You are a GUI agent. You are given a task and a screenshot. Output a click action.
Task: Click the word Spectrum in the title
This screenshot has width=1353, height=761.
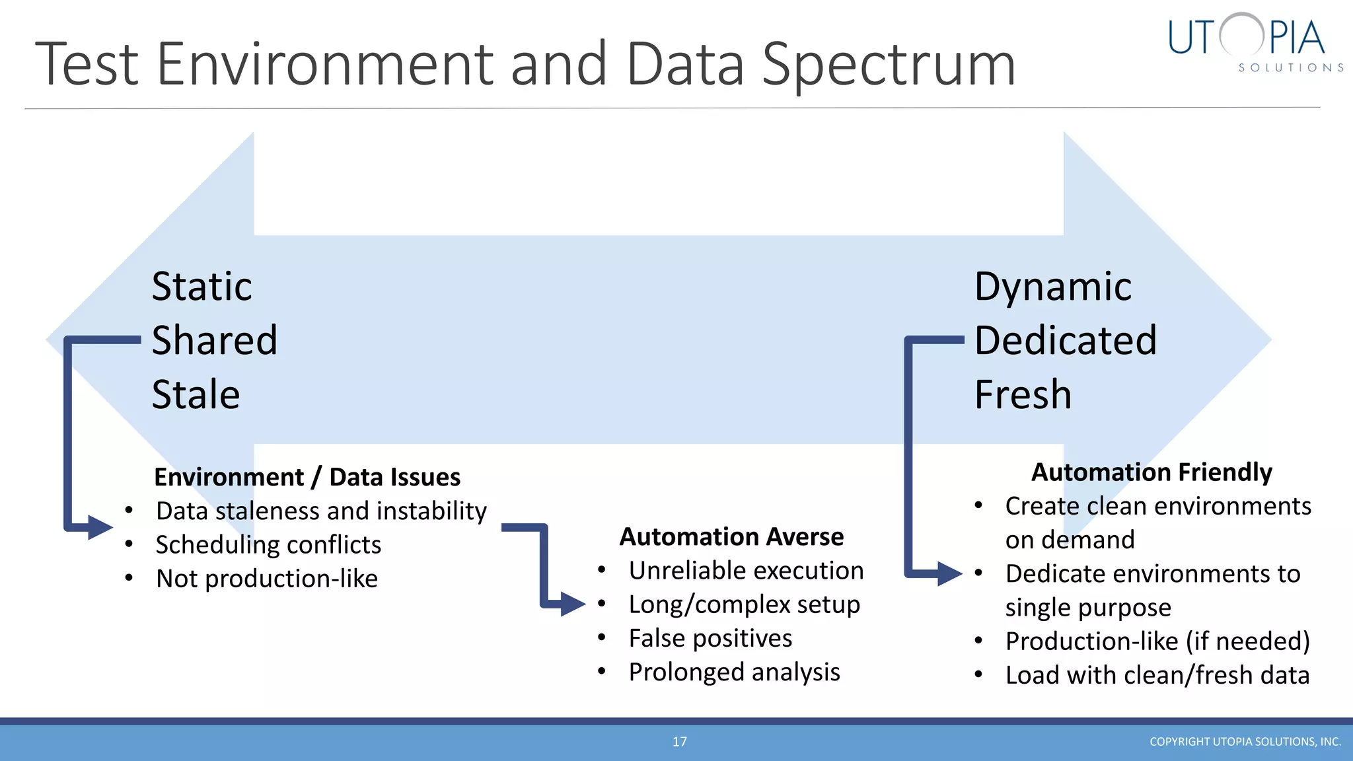[x=889, y=65]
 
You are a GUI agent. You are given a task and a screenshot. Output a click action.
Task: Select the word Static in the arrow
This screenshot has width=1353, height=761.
[x=201, y=287]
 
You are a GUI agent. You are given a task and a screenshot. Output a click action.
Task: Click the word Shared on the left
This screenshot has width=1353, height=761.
[x=214, y=341]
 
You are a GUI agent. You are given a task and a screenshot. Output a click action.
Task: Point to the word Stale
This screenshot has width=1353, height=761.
[x=196, y=395]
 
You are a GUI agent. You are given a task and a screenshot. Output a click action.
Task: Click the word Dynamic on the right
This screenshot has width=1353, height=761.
[x=1052, y=287]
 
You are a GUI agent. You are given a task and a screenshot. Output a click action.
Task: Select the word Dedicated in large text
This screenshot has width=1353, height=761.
[x=1065, y=341]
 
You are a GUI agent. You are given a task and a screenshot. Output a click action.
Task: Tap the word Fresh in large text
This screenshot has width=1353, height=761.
[x=1023, y=395]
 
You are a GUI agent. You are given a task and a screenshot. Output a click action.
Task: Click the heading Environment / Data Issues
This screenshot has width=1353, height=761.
[x=307, y=477]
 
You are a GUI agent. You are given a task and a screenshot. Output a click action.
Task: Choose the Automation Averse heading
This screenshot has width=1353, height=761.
[x=731, y=536]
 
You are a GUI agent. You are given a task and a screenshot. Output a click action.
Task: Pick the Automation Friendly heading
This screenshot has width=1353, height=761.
[x=1151, y=472]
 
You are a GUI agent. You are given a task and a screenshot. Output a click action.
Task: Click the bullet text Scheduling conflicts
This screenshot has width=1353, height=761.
[x=268, y=545]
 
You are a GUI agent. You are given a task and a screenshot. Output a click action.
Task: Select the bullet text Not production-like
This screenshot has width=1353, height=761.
[x=267, y=579]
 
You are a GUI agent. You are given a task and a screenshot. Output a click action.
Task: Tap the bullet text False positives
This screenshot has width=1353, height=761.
[x=710, y=639]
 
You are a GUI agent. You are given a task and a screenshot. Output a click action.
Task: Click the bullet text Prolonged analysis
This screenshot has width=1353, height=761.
[x=734, y=672]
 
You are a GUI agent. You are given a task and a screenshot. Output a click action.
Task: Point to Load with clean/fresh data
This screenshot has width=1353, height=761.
[x=1157, y=675]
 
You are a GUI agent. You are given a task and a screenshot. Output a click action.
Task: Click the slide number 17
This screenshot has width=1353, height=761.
[x=679, y=742]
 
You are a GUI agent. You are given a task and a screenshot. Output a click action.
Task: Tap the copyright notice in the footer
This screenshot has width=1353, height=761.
[x=1245, y=742]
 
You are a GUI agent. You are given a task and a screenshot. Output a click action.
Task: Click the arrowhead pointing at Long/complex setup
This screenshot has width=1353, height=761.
[x=572, y=604]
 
